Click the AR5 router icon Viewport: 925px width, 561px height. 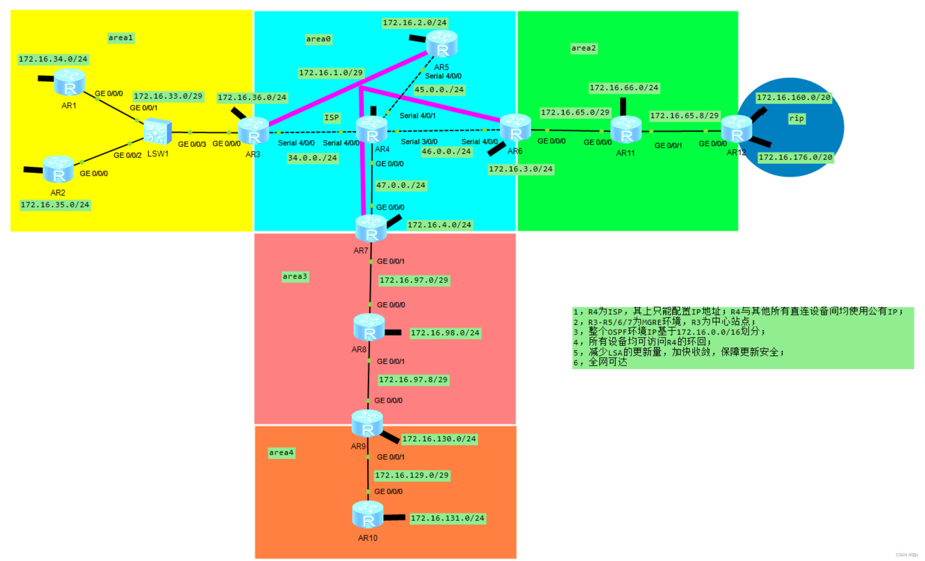tap(442, 44)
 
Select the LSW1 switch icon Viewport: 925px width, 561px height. tap(157, 131)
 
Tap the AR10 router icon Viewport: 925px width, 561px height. tap(368, 514)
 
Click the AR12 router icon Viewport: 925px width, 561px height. tap(736, 129)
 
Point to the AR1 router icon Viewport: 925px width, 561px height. tap(69, 82)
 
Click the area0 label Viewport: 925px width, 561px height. tap(318, 39)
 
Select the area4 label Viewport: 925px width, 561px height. tap(281, 453)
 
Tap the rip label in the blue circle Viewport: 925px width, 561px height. tap(796, 118)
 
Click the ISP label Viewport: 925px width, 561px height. tap(332, 117)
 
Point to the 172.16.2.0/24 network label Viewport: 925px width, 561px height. tap(414, 23)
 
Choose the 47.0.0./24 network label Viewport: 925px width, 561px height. tap(401, 185)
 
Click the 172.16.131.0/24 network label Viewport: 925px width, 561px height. tap(447, 518)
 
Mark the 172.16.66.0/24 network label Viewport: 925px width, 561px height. tap(624, 88)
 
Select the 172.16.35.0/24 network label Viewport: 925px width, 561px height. tap(55, 205)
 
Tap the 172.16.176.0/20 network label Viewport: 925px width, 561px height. tap(795, 157)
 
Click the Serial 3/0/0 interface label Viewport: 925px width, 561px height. tap(419, 142)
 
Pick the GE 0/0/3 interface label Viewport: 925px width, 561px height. tap(192, 144)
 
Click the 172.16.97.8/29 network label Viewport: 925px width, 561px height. tap(413, 380)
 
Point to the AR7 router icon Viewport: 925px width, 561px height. tap(371, 228)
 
